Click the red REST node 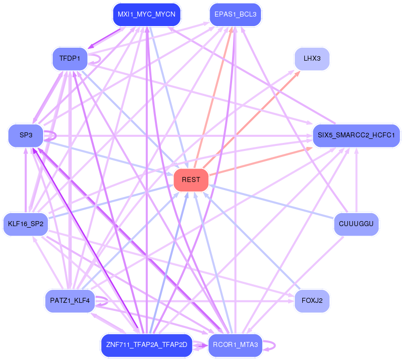click(x=191, y=180)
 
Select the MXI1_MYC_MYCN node click(x=146, y=15)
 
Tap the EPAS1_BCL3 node click(x=236, y=15)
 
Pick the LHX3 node click(x=312, y=59)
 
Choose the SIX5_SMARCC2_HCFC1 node click(x=356, y=135)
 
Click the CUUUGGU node click(x=356, y=224)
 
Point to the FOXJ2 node click(x=312, y=301)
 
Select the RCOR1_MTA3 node click(x=235, y=344)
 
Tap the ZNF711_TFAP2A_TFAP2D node click(x=146, y=345)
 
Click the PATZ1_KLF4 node click(x=70, y=301)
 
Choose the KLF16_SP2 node click(x=26, y=224)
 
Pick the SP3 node click(x=26, y=135)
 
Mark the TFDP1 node click(x=70, y=59)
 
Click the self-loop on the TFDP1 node click(x=97, y=59)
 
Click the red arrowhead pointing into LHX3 click(x=297, y=73)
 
